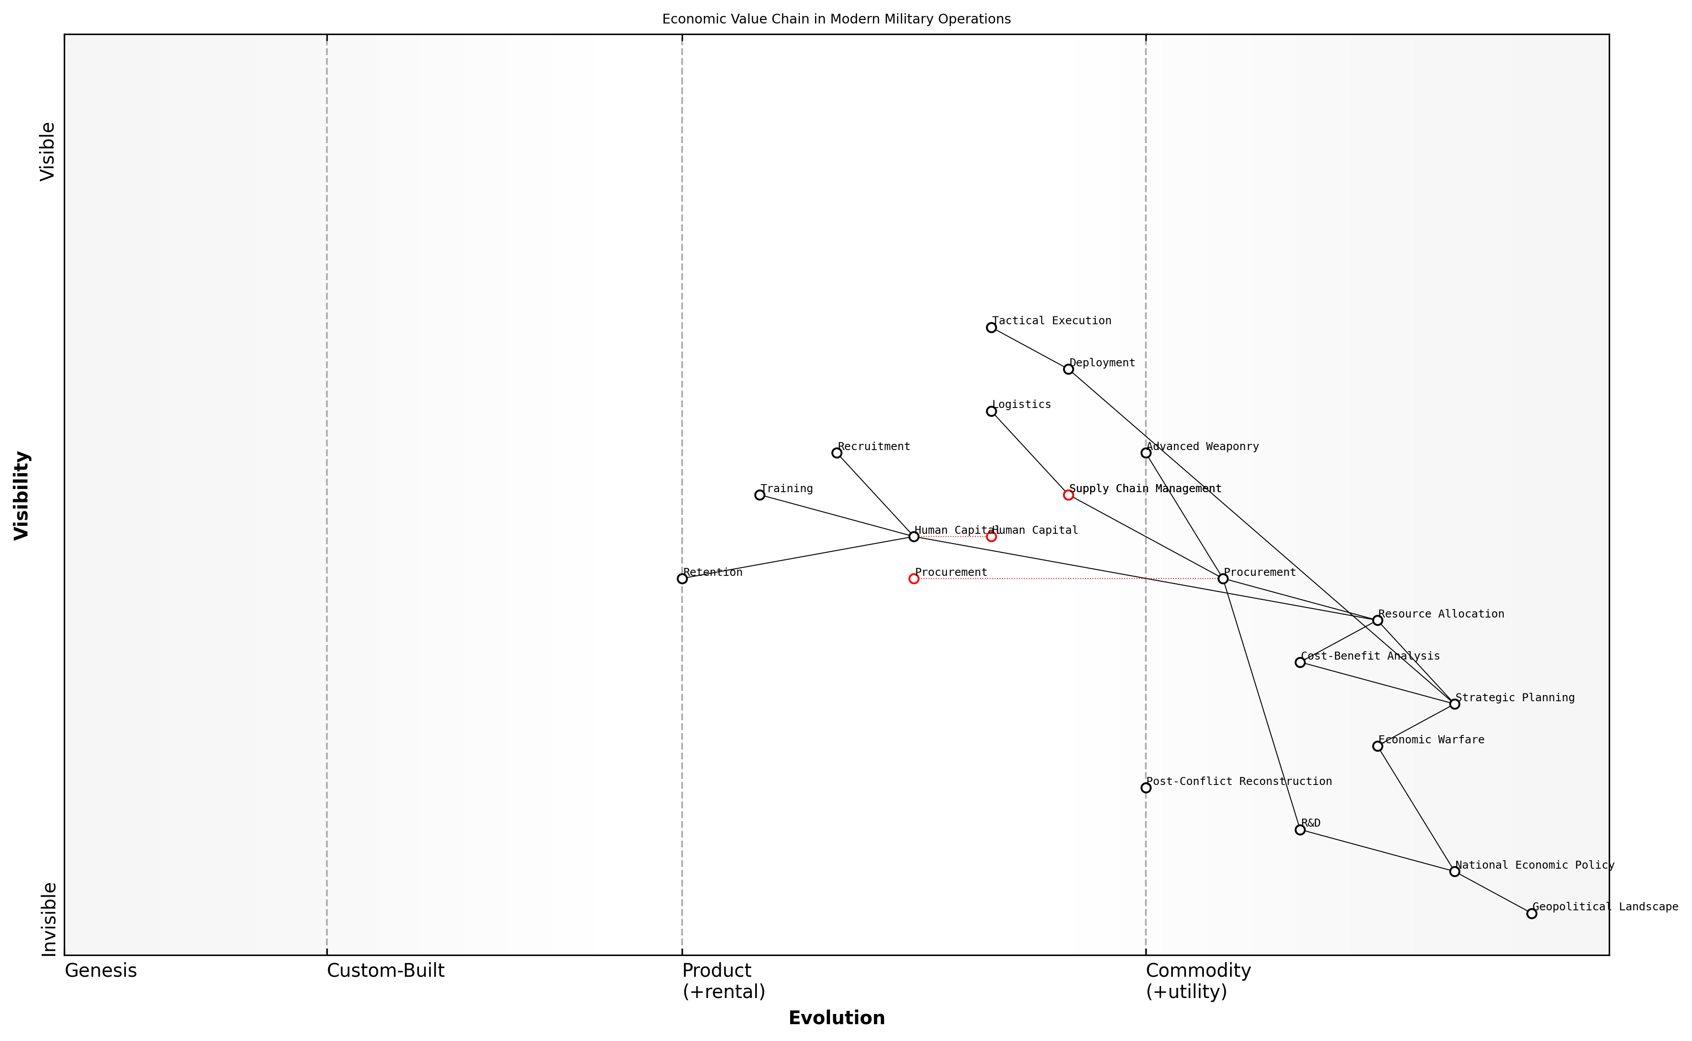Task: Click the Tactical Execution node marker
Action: [991, 328]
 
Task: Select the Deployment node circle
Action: [1068, 370]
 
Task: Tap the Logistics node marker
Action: [991, 412]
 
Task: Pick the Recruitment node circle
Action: [836, 453]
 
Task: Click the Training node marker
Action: [759, 495]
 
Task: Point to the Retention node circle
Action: [682, 579]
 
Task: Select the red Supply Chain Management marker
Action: [1068, 495]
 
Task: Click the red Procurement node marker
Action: [913, 579]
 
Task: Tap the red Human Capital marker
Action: [991, 537]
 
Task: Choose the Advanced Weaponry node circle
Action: [1145, 453]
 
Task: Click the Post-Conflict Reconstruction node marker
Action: [1145, 789]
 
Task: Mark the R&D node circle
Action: [1300, 830]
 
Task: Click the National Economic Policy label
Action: [1534, 866]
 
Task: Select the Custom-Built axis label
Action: [385, 971]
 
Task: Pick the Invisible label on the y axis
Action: [48, 919]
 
